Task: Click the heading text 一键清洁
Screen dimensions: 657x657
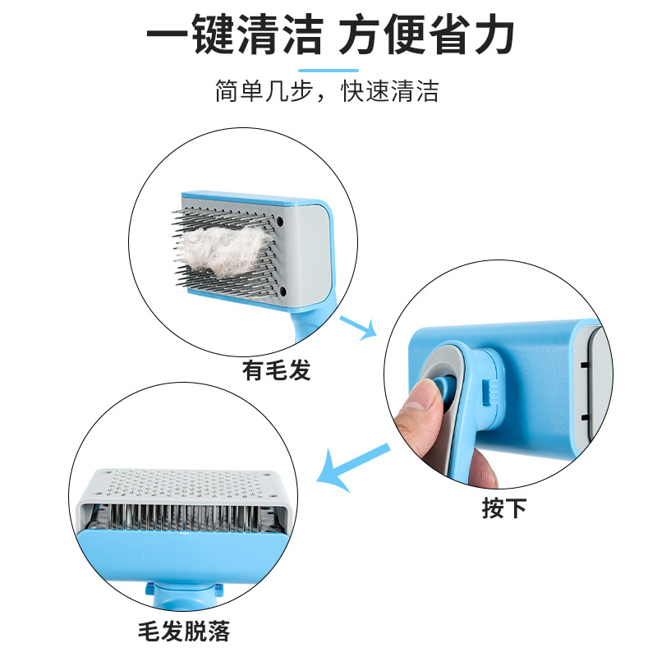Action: [233, 37]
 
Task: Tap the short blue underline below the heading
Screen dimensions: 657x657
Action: [328, 71]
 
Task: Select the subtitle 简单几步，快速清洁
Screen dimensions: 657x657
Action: [328, 91]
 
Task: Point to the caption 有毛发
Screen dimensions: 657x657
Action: [277, 371]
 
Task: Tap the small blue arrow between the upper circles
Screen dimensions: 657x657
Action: [358, 326]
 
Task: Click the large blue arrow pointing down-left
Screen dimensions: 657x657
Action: [353, 471]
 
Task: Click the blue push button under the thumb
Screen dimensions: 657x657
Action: [444, 392]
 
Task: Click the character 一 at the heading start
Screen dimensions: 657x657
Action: [167, 37]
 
